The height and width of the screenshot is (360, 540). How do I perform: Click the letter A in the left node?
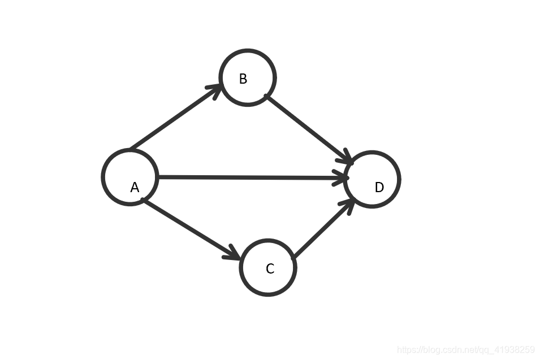(135, 188)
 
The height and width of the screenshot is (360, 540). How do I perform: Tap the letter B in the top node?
(243, 79)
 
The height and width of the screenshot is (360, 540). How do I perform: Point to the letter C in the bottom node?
(270, 269)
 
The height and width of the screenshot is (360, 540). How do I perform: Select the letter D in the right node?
(379, 188)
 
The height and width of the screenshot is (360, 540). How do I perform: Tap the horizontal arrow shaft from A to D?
(249, 177)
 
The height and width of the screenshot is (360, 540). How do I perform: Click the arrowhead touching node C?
(234, 254)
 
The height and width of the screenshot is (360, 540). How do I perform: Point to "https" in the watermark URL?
(407, 350)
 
